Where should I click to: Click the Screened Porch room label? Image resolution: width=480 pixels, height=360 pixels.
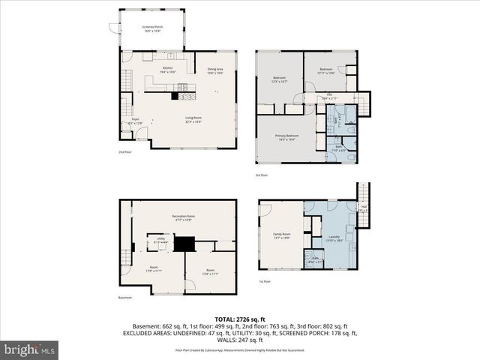153,28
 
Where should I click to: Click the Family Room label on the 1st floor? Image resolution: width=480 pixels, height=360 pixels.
281,235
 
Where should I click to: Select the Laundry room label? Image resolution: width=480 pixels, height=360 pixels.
334,238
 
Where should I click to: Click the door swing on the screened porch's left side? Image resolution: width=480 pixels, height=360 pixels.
114,28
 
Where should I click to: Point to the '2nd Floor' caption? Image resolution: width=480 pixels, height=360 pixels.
125,151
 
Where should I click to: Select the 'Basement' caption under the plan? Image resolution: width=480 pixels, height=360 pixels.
125,297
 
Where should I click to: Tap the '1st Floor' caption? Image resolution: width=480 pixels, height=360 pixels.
265,282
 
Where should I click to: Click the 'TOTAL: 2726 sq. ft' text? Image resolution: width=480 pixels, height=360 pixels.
240,319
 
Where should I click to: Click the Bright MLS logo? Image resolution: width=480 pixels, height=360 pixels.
29,349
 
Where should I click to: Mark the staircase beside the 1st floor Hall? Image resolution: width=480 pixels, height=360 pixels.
362,196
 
